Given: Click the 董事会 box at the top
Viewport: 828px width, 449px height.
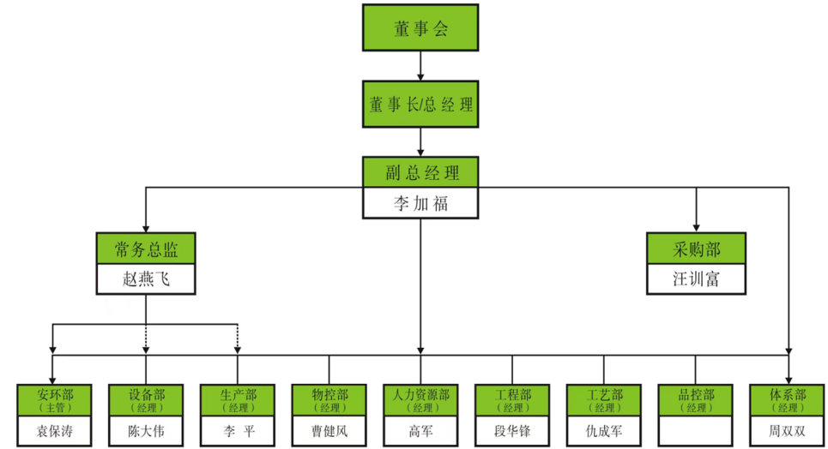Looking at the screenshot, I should click(420, 28).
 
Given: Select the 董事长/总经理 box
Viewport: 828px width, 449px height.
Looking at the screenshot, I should click(420, 105).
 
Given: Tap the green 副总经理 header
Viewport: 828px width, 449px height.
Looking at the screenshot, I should click(420, 172).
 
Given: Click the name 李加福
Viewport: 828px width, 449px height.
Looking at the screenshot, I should click(420, 203).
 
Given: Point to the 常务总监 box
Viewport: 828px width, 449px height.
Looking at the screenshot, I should click(146, 248).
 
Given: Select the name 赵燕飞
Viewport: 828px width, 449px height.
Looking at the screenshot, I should click(146, 279).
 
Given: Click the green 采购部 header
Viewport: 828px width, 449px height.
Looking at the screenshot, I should click(696, 248).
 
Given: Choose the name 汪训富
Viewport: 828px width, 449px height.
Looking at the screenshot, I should click(696, 279).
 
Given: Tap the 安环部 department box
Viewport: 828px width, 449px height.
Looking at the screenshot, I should click(55, 400).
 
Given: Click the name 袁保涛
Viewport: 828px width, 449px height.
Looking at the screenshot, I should click(55, 430).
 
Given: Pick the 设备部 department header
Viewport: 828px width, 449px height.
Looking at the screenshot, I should click(147, 400).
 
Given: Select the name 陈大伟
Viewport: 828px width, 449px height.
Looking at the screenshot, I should click(147, 430).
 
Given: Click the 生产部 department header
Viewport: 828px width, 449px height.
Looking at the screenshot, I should click(238, 400).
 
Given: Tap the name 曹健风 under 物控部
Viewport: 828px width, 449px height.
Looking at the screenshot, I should click(330, 430).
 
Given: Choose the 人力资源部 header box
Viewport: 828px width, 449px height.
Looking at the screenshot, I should click(420, 400).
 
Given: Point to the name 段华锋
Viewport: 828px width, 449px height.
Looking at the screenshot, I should click(513, 430).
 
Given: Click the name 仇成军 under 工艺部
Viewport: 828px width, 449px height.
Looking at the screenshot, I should click(605, 430).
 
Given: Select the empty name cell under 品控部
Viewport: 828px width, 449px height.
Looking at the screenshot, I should click(696, 430).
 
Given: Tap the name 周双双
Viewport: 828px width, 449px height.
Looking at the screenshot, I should click(788, 430).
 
